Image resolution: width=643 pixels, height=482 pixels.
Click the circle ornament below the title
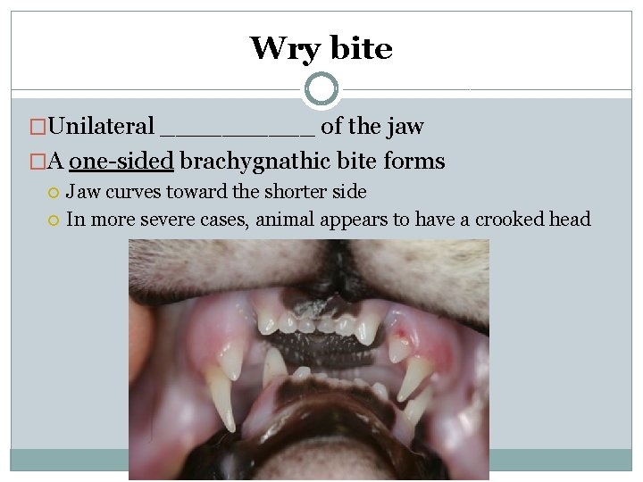[321, 89]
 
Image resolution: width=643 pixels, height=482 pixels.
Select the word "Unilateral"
[102, 128]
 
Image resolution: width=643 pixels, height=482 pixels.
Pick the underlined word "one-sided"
[121, 162]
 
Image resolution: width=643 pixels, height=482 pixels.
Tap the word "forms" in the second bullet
[413, 162]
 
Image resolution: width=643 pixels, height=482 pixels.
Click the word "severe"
[185, 220]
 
